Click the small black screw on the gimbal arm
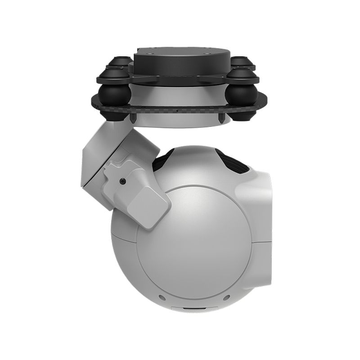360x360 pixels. (122, 181)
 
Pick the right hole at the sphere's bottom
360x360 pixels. (226, 297)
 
